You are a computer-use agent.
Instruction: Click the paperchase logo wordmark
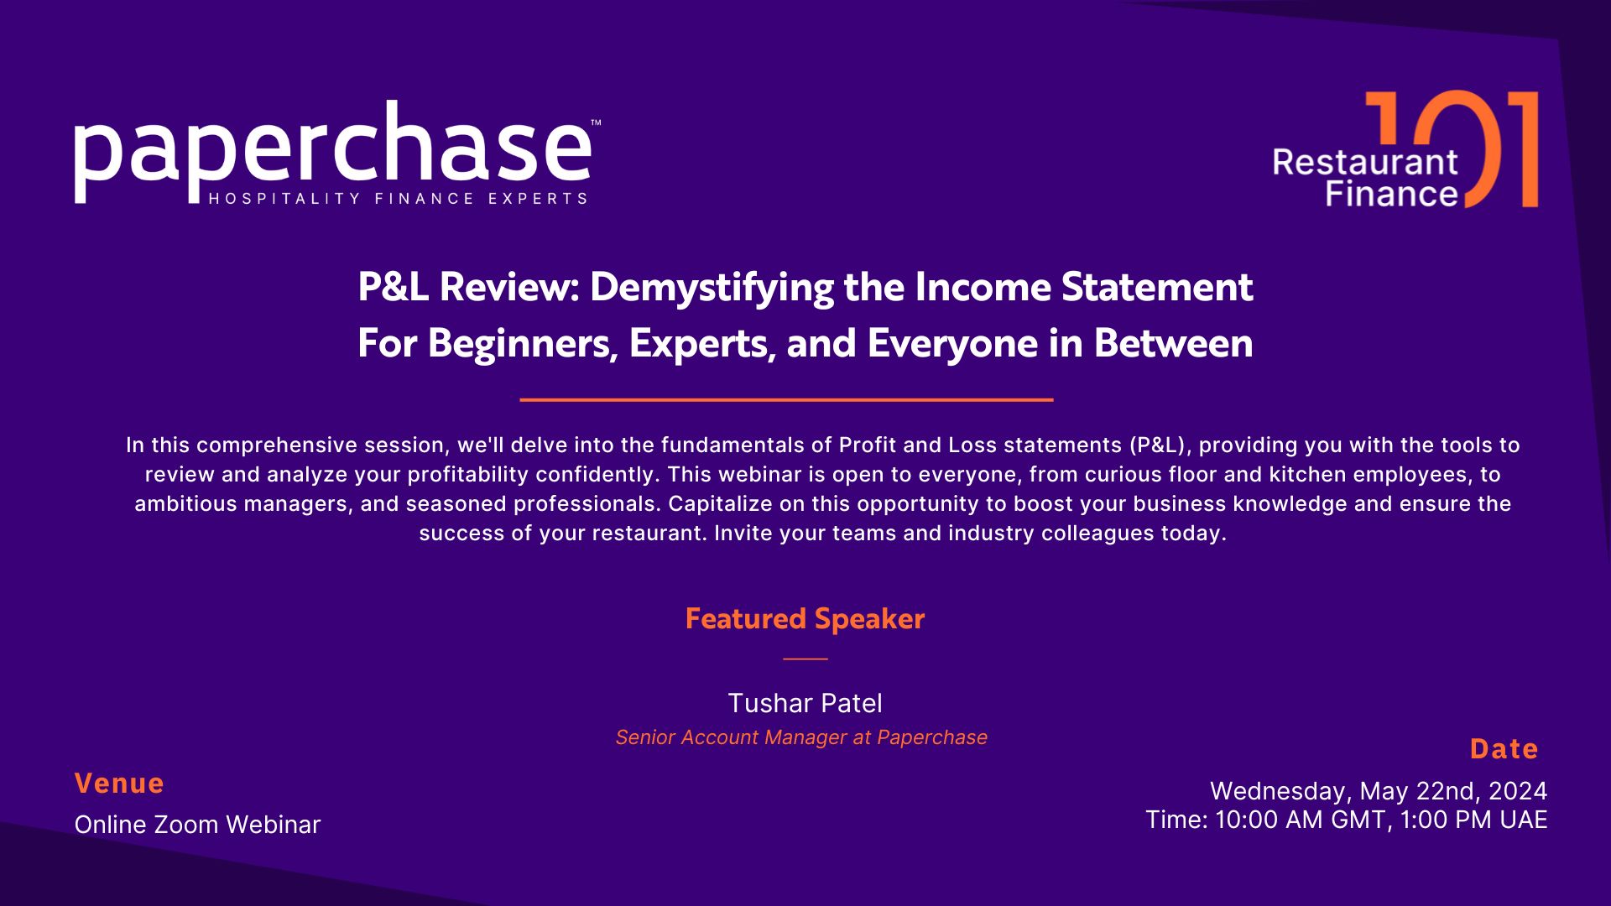pos(332,151)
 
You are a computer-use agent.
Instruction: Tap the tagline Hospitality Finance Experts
pos(398,199)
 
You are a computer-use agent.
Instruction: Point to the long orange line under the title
pos(786,400)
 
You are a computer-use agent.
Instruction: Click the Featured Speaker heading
pos(805,619)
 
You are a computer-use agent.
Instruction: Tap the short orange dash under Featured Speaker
pos(805,659)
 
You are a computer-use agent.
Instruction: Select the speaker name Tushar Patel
pos(805,703)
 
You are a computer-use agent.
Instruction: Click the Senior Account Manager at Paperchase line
pos(801,737)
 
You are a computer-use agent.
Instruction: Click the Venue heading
pos(119,784)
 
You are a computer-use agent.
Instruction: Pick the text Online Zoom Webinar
pos(197,825)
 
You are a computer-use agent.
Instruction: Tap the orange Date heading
pos(1504,749)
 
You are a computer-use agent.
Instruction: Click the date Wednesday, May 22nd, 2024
pos(1379,791)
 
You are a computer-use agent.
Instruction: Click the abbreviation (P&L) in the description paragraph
pos(1155,445)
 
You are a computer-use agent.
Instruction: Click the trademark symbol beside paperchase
pos(596,123)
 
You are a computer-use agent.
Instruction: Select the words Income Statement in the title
pos(1084,288)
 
